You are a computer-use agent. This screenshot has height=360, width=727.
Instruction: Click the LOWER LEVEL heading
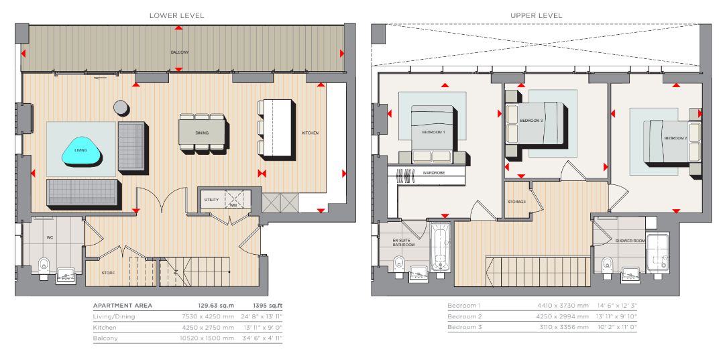pos(176,15)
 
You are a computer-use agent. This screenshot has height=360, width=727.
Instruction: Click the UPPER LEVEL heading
pos(537,15)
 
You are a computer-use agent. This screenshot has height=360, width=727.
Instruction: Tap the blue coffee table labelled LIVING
pos(82,151)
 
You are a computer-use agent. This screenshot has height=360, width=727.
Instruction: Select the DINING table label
pos(202,133)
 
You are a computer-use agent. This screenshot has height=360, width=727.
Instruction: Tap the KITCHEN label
pos(310,133)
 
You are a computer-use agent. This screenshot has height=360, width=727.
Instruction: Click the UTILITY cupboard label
pos(211,200)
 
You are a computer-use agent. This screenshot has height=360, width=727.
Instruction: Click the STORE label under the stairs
pos(108,273)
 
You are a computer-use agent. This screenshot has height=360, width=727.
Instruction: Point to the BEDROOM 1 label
pos(433,132)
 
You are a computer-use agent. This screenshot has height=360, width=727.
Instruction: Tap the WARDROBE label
pos(434,173)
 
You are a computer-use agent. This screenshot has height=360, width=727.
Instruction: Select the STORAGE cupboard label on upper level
pos(516,202)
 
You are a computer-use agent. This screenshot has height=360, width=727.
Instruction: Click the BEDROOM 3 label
pos(531,121)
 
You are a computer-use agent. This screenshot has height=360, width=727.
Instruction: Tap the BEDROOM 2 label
pos(675,138)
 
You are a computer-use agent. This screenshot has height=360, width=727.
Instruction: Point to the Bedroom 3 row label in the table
pos(465,328)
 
